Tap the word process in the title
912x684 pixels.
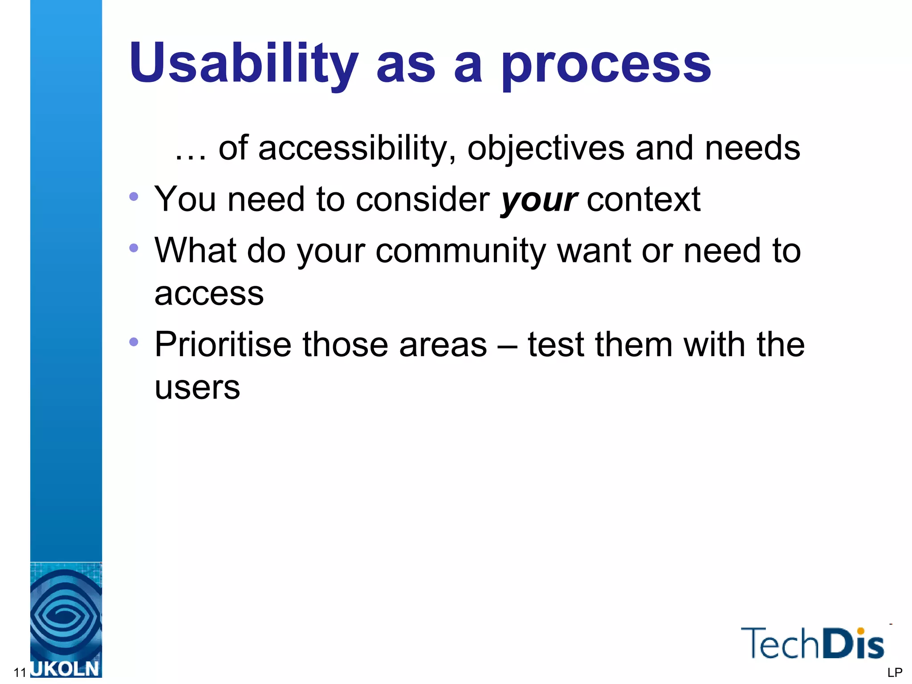(606, 67)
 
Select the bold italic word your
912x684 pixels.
(539, 200)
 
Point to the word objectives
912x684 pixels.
(546, 149)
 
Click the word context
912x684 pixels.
(643, 199)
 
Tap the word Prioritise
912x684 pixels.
(223, 345)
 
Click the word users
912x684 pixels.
(197, 387)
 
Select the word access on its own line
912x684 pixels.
(209, 294)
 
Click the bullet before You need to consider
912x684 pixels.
(134, 196)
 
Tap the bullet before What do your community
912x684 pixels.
(134, 248)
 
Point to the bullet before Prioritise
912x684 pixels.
(134, 342)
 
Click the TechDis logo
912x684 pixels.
(812, 643)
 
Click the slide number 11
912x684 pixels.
(20, 672)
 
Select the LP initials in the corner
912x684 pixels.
(895, 672)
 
